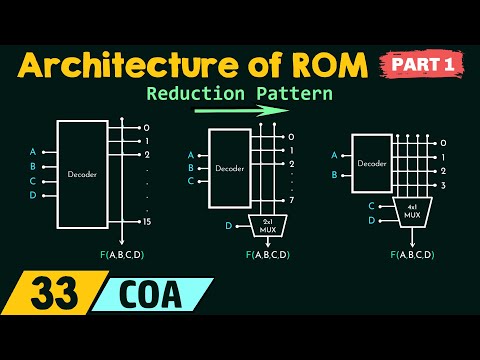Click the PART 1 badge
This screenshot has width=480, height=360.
423,64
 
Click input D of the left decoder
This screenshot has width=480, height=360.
33,196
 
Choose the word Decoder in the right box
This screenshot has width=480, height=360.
373,163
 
